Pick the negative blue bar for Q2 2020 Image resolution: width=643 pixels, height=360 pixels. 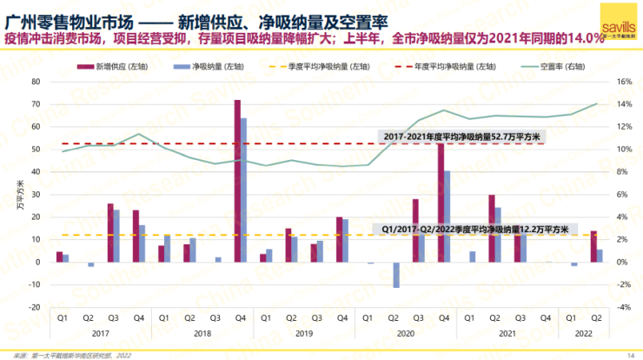tap(395, 274)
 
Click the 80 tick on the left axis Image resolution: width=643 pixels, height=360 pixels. tap(36, 81)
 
